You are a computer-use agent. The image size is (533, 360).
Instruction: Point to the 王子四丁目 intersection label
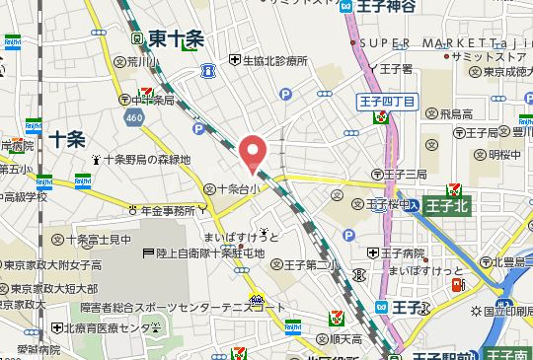click(x=382, y=100)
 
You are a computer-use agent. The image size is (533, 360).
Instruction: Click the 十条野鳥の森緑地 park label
click(x=146, y=159)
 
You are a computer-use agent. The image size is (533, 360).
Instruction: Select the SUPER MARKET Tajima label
click(x=433, y=42)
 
